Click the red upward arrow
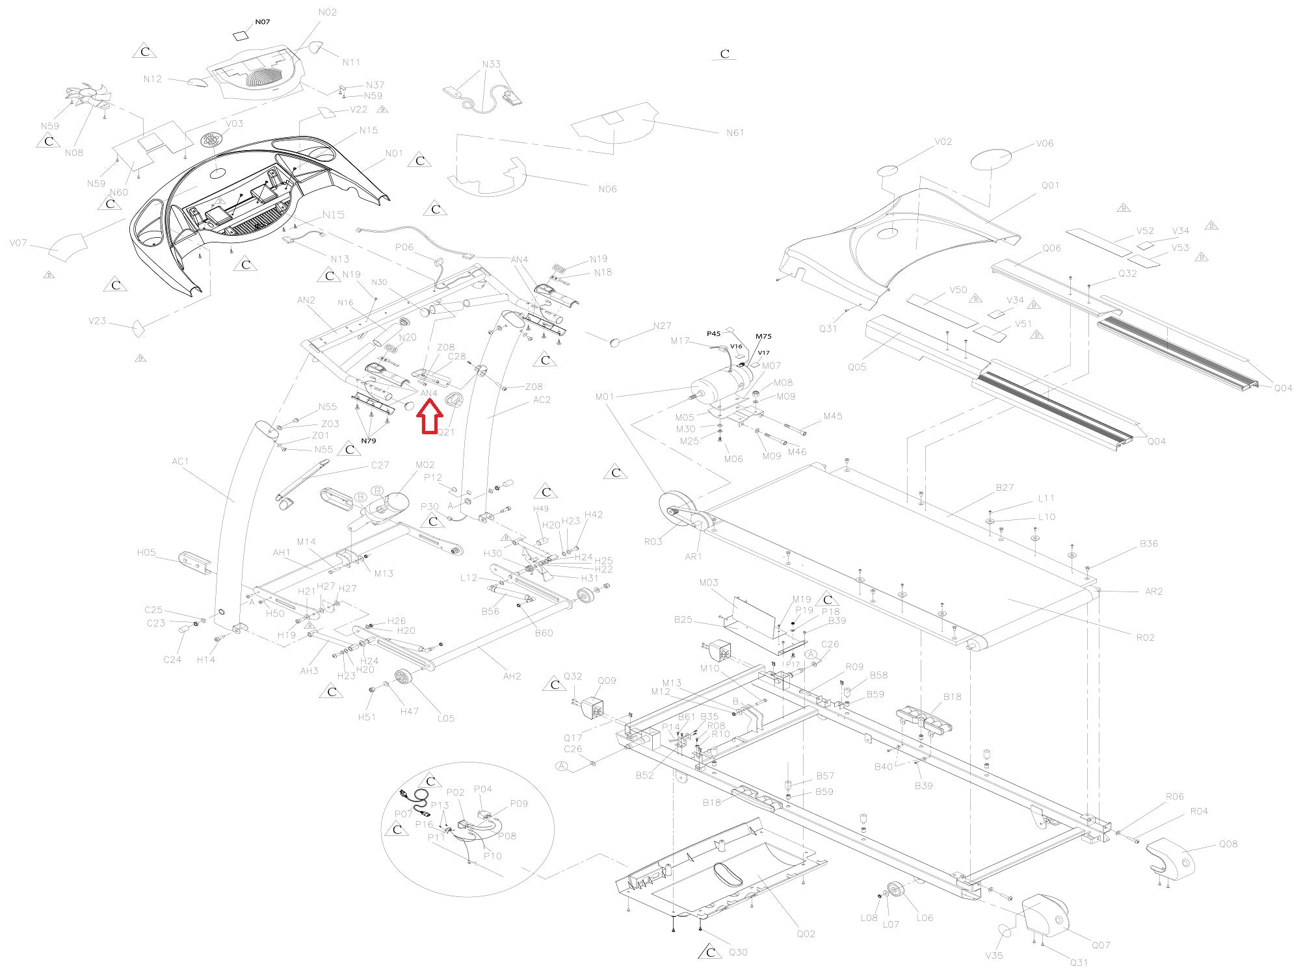[429, 417]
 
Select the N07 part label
[262, 22]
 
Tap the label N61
[735, 133]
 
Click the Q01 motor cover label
[1050, 185]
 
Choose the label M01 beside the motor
[604, 396]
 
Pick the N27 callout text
[662, 326]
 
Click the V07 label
[18, 243]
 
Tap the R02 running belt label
[1145, 638]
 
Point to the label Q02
[806, 933]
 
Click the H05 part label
[146, 552]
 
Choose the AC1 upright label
[180, 461]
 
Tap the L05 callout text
[446, 718]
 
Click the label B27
[1005, 487]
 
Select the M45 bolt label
[833, 416]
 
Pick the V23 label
[97, 320]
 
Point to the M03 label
[709, 582]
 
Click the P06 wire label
[404, 247]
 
